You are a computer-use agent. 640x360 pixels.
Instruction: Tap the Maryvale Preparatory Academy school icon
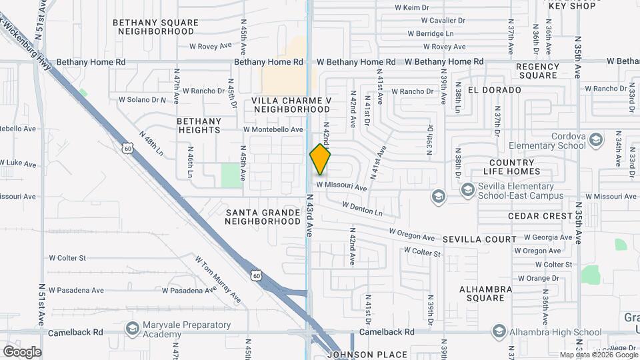tap(132, 329)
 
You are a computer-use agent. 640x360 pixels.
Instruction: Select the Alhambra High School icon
tap(499, 331)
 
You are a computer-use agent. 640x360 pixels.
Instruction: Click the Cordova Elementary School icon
tap(595, 140)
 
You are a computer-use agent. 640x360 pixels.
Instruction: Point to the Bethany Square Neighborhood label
tap(155, 27)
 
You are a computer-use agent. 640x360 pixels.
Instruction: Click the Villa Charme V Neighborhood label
tap(292, 105)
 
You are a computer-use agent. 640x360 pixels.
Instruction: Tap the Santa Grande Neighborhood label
tap(263, 217)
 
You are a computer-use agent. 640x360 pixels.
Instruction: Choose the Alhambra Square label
tap(485, 293)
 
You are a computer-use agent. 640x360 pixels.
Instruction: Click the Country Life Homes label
tap(511, 167)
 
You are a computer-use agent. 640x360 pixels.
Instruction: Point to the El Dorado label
tap(494, 89)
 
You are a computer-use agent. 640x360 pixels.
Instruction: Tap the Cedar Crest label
tap(540, 216)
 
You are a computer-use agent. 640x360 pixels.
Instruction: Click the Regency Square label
tap(537, 71)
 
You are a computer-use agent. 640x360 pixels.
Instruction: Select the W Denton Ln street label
tap(363, 209)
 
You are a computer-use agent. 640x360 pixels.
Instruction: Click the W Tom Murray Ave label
tap(217, 279)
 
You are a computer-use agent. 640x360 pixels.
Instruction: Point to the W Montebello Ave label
tap(273, 129)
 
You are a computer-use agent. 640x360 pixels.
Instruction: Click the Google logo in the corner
tap(22, 352)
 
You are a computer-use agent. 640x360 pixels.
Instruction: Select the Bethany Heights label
tap(199, 125)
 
